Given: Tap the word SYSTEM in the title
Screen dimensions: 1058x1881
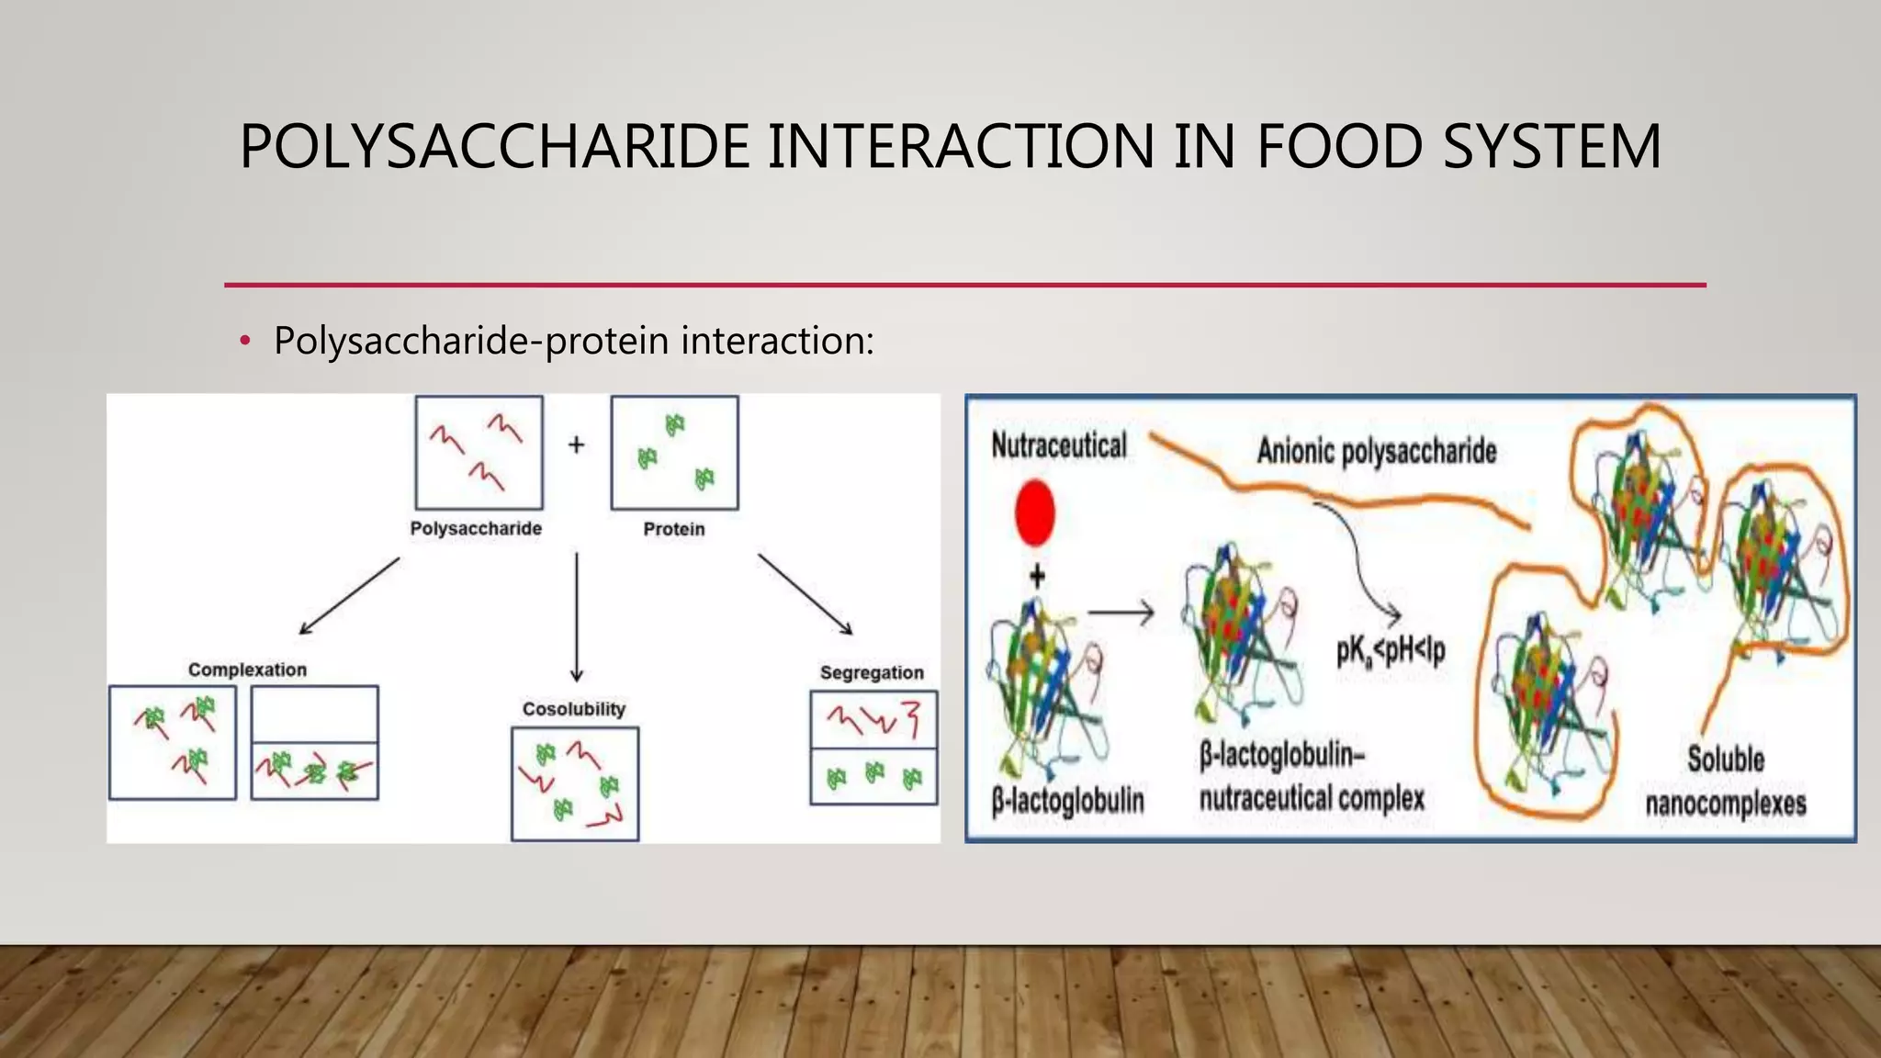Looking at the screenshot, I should tap(1551, 147).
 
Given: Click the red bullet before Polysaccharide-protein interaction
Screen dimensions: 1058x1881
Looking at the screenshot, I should tap(244, 342).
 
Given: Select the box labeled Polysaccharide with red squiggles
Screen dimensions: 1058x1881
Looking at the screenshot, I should tap(479, 453).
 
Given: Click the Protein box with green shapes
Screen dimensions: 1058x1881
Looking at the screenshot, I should tap(674, 453).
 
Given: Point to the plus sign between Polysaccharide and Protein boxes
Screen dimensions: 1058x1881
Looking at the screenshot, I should tap(576, 445).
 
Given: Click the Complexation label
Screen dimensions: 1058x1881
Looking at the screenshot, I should tap(247, 670).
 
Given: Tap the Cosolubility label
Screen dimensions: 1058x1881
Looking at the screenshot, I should tap(574, 709).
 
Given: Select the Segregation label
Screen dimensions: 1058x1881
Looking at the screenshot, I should tap(872, 672).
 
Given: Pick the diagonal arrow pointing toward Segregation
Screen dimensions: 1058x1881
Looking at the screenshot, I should tap(805, 594).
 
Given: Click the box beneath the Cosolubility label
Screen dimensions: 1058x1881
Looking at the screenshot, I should tap(575, 783).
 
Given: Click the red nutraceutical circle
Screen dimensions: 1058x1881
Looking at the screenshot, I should tap(1035, 512).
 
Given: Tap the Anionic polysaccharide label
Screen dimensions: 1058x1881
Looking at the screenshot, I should tap(1377, 451).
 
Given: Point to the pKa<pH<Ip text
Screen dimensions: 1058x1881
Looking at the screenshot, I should tap(1391, 650).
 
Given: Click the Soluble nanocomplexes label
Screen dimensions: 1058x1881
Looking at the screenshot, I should tap(1725, 782).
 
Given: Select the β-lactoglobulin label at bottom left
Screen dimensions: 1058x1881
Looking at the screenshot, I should tap(1068, 800).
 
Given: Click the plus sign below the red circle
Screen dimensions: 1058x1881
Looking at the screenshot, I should tap(1037, 577).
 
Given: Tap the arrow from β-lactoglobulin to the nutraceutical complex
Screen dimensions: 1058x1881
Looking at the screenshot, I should tap(1121, 612).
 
